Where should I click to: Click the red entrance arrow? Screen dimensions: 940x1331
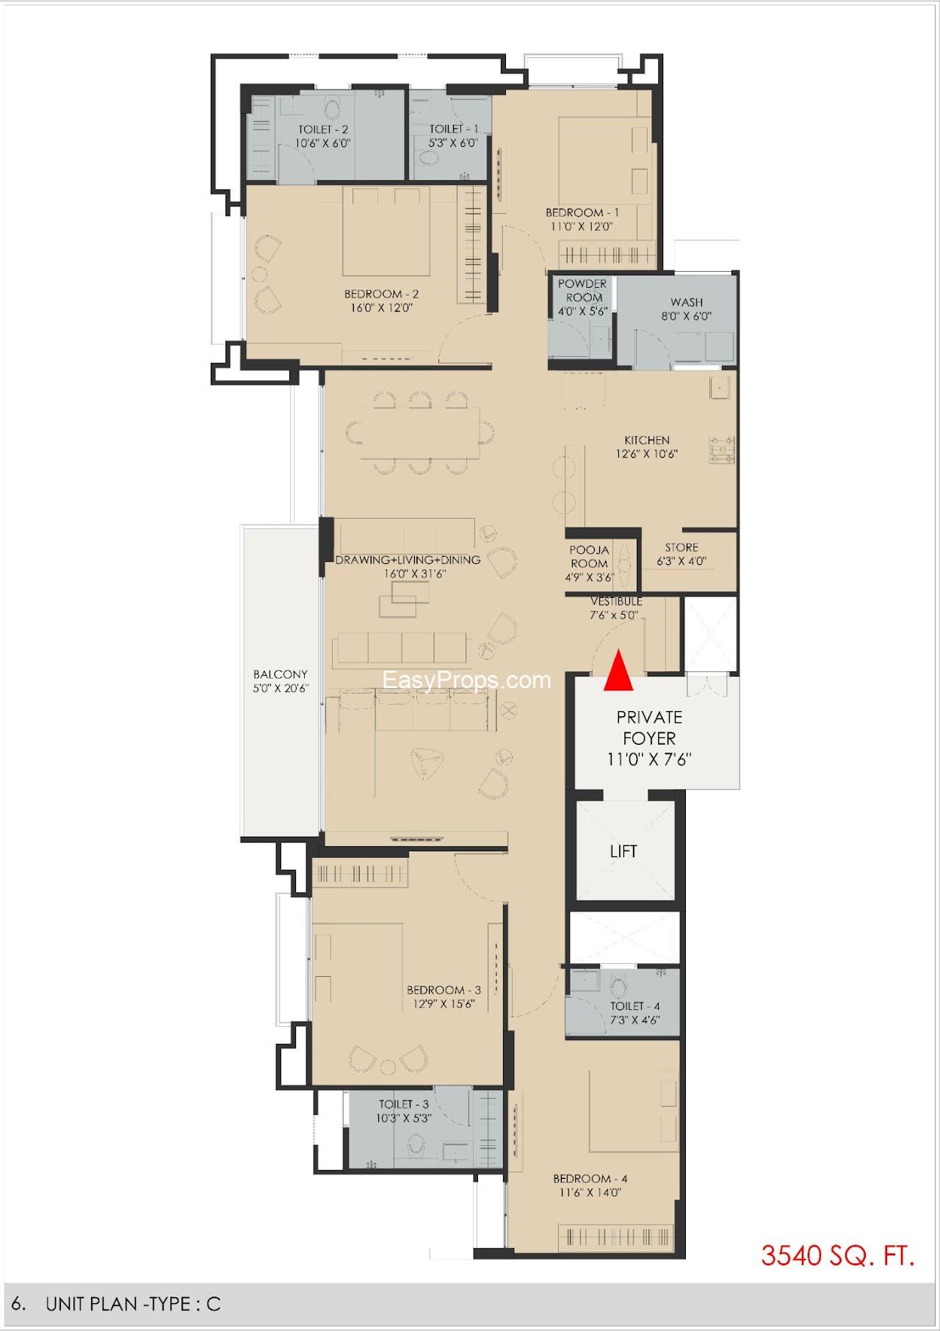pos(618,670)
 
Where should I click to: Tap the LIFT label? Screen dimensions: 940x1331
pos(623,851)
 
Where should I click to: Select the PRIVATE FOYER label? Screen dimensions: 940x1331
pos(649,727)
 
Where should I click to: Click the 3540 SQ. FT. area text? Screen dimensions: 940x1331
pos(838,1255)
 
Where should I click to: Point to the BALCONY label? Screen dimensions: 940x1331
pos(281,674)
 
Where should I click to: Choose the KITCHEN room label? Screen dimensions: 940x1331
pos(647,440)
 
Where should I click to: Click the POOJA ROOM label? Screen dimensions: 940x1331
pos(589,557)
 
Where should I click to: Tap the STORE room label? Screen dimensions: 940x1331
pos(681,547)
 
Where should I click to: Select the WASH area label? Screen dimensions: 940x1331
pos(687,302)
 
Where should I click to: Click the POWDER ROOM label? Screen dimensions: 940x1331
pos(582,290)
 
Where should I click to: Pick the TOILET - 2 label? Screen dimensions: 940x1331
pos(323,129)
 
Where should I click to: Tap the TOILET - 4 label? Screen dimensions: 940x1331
pos(635,1006)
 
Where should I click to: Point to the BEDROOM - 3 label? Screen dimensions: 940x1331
pos(444,989)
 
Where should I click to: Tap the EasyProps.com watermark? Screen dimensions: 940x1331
pos(467,680)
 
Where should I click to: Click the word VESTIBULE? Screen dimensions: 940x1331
pos(616,602)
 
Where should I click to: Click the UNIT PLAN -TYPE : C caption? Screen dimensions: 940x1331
pos(133,1304)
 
